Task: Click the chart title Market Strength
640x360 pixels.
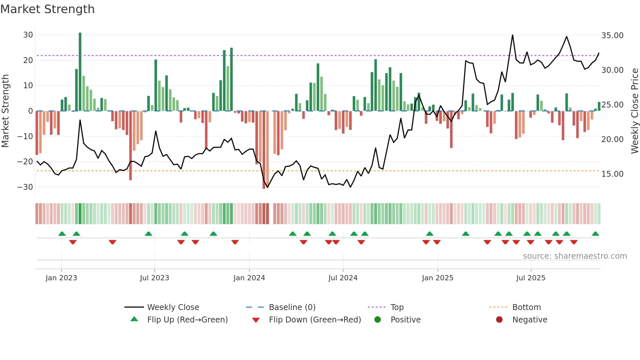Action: pyautogui.click(x=47, y=9)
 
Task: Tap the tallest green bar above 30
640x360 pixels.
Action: pyautogui.click(x=80, y=72)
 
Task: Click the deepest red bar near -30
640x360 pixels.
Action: pyautogui.click(x=264, y=150)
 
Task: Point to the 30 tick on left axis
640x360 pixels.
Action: pyautogui.click(x=28, y=35)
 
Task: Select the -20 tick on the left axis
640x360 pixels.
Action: pyautogui.click(x=25, y=162)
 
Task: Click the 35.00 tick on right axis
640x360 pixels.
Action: pyautogui.click(x=612, y=36)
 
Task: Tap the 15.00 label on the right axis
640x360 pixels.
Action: pyautogui.click(x=612, y=174)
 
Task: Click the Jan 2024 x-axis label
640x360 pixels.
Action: pyautogui.click(x=249, y=278)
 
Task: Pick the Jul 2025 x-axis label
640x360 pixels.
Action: pyautogui.click(x=531, y=278)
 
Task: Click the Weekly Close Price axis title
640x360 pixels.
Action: pyautogui.click(x=634, y=111)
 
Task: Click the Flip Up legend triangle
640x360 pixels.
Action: pyautogui.click(x=134, y=319)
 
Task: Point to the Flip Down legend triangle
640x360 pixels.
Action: pyautogui.click(x=256, y=320)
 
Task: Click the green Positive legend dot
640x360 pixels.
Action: pyautogui.click(x=378, y=319)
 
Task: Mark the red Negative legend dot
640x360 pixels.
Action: pyautogui.click(x=499, y=319)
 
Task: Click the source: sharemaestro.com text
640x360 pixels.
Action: pyautogui.click(x=575, y=256)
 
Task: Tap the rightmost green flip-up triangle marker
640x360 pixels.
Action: pyautogui.click(x=595, y=234)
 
